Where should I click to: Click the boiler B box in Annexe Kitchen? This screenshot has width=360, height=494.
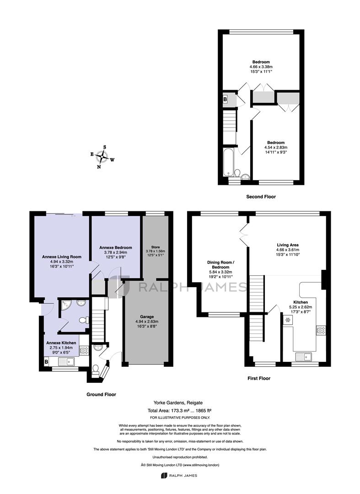(x=46, y=362)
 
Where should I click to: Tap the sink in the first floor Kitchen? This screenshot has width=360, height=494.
(x=303, y=357)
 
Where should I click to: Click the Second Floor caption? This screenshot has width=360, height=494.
(x=261, y=197)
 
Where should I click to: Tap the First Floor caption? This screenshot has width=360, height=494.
(x=259, y=378)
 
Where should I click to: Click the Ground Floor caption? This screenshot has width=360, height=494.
(x=102, y=394)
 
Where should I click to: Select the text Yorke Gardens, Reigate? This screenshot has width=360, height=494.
(x=178, y=403)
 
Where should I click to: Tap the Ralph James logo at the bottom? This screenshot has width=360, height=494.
(x=179, y=475)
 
